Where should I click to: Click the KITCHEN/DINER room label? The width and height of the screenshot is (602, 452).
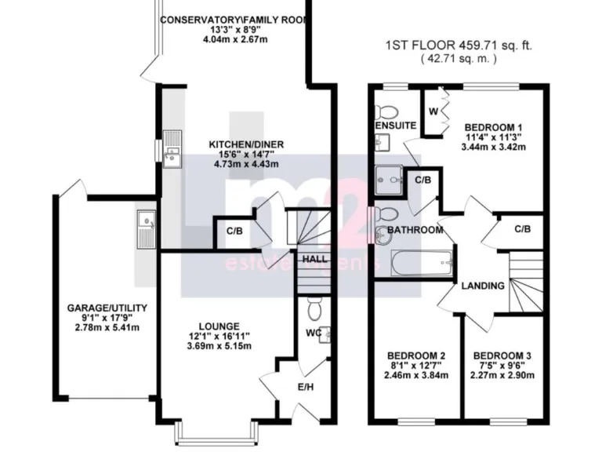click(x=245, y=144)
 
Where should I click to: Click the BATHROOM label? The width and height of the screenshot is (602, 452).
click(x=415, y=231)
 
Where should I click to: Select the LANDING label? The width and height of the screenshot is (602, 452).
click(x=482, y=286)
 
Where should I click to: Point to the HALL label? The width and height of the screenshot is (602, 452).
click(x=314, y=258)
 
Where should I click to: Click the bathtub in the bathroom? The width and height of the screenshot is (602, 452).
click(x=422, y=262)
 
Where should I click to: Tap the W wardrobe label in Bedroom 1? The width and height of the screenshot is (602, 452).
click(x=432, y=111)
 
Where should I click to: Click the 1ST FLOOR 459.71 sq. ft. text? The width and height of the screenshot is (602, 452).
click(x=459, y=46)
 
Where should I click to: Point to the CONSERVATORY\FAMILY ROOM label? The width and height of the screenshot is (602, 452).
click(x=233, y=20)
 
